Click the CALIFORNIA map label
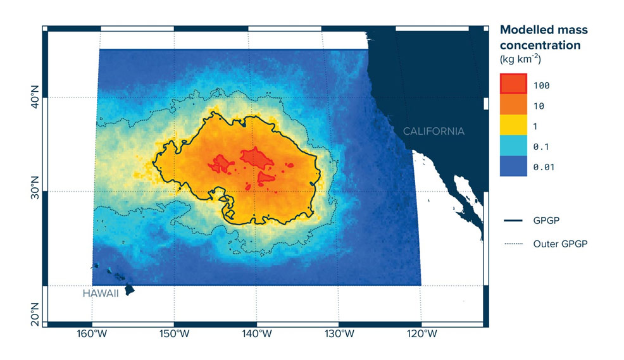coord(434,132)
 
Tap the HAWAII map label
coord(101,294)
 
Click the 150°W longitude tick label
coord(175,333)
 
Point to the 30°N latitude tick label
coord(35,191)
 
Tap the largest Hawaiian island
coord(129,289)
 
